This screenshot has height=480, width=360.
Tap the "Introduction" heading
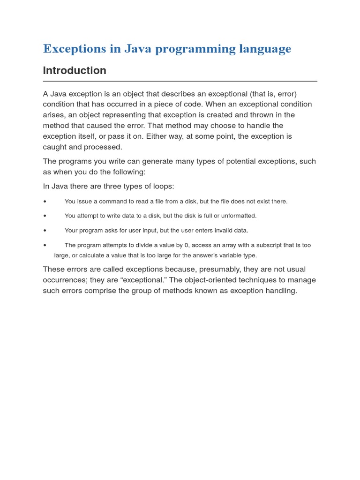(75, 71)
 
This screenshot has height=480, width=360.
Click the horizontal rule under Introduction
(180, 81)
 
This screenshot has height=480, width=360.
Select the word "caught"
(55, 147)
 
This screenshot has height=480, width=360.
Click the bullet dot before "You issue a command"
(45, 202)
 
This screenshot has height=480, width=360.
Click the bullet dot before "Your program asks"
(45, 231)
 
